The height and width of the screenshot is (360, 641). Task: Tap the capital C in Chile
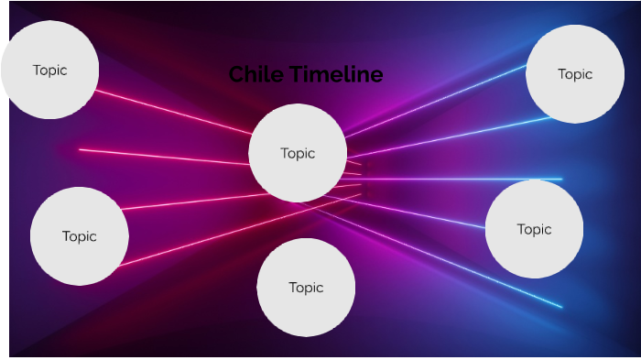[236, 75]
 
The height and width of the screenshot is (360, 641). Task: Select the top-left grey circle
[49, 70]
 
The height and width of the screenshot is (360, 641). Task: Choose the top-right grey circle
[575, 74]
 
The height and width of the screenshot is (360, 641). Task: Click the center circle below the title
[298, 153]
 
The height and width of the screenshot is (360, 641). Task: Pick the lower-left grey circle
[79, 236]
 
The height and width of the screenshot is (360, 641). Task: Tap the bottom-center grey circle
[306, 288]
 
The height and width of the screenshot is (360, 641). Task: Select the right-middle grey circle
[534, 229]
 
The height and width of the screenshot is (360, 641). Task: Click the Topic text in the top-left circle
[49, 70]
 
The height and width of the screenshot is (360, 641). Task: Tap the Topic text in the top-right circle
[575, 74]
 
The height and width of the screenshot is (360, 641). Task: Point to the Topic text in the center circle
[298, 153]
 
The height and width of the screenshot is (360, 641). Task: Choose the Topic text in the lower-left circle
[79, 236]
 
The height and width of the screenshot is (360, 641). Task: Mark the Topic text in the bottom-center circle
[306, 288]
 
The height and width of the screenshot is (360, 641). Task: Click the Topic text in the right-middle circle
[534, 229]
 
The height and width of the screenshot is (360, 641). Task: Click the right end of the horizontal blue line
[560, 179]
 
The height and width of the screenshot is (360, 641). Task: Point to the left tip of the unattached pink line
[81, 149]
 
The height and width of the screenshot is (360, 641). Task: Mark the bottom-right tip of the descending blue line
[560, 306]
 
